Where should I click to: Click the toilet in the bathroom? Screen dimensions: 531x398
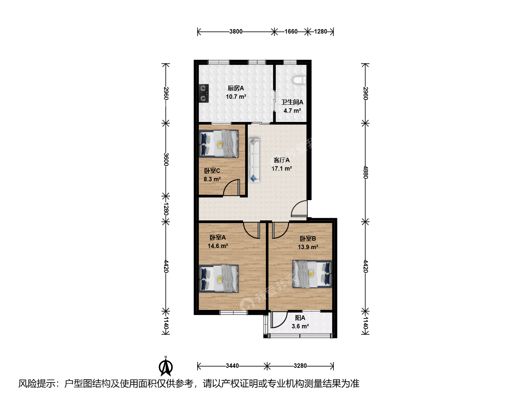coord(299,80)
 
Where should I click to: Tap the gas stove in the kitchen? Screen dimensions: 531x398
coord(204,94)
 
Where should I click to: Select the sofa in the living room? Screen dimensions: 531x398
coord(254,160)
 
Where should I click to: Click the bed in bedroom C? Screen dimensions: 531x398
coord(219,144)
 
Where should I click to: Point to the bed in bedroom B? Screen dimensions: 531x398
coord(312,274)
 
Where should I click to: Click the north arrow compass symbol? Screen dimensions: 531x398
coord(166,367)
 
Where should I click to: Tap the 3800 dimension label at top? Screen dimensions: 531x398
coord(236,31)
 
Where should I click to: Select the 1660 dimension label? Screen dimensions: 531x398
coord(291,31)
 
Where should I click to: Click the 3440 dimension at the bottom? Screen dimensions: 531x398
coord(232,366)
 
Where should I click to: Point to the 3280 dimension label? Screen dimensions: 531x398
coord(300,366)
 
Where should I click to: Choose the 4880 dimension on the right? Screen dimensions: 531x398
coord(365,172)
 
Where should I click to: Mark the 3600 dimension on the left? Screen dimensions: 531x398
coord(166,159)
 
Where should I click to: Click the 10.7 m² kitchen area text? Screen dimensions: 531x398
coord(236,97)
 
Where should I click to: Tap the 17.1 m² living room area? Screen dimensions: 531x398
coord(282,168)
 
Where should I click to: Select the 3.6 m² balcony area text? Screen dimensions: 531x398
coord(300,326)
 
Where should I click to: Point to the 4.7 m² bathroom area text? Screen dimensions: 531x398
coord(292,111)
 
